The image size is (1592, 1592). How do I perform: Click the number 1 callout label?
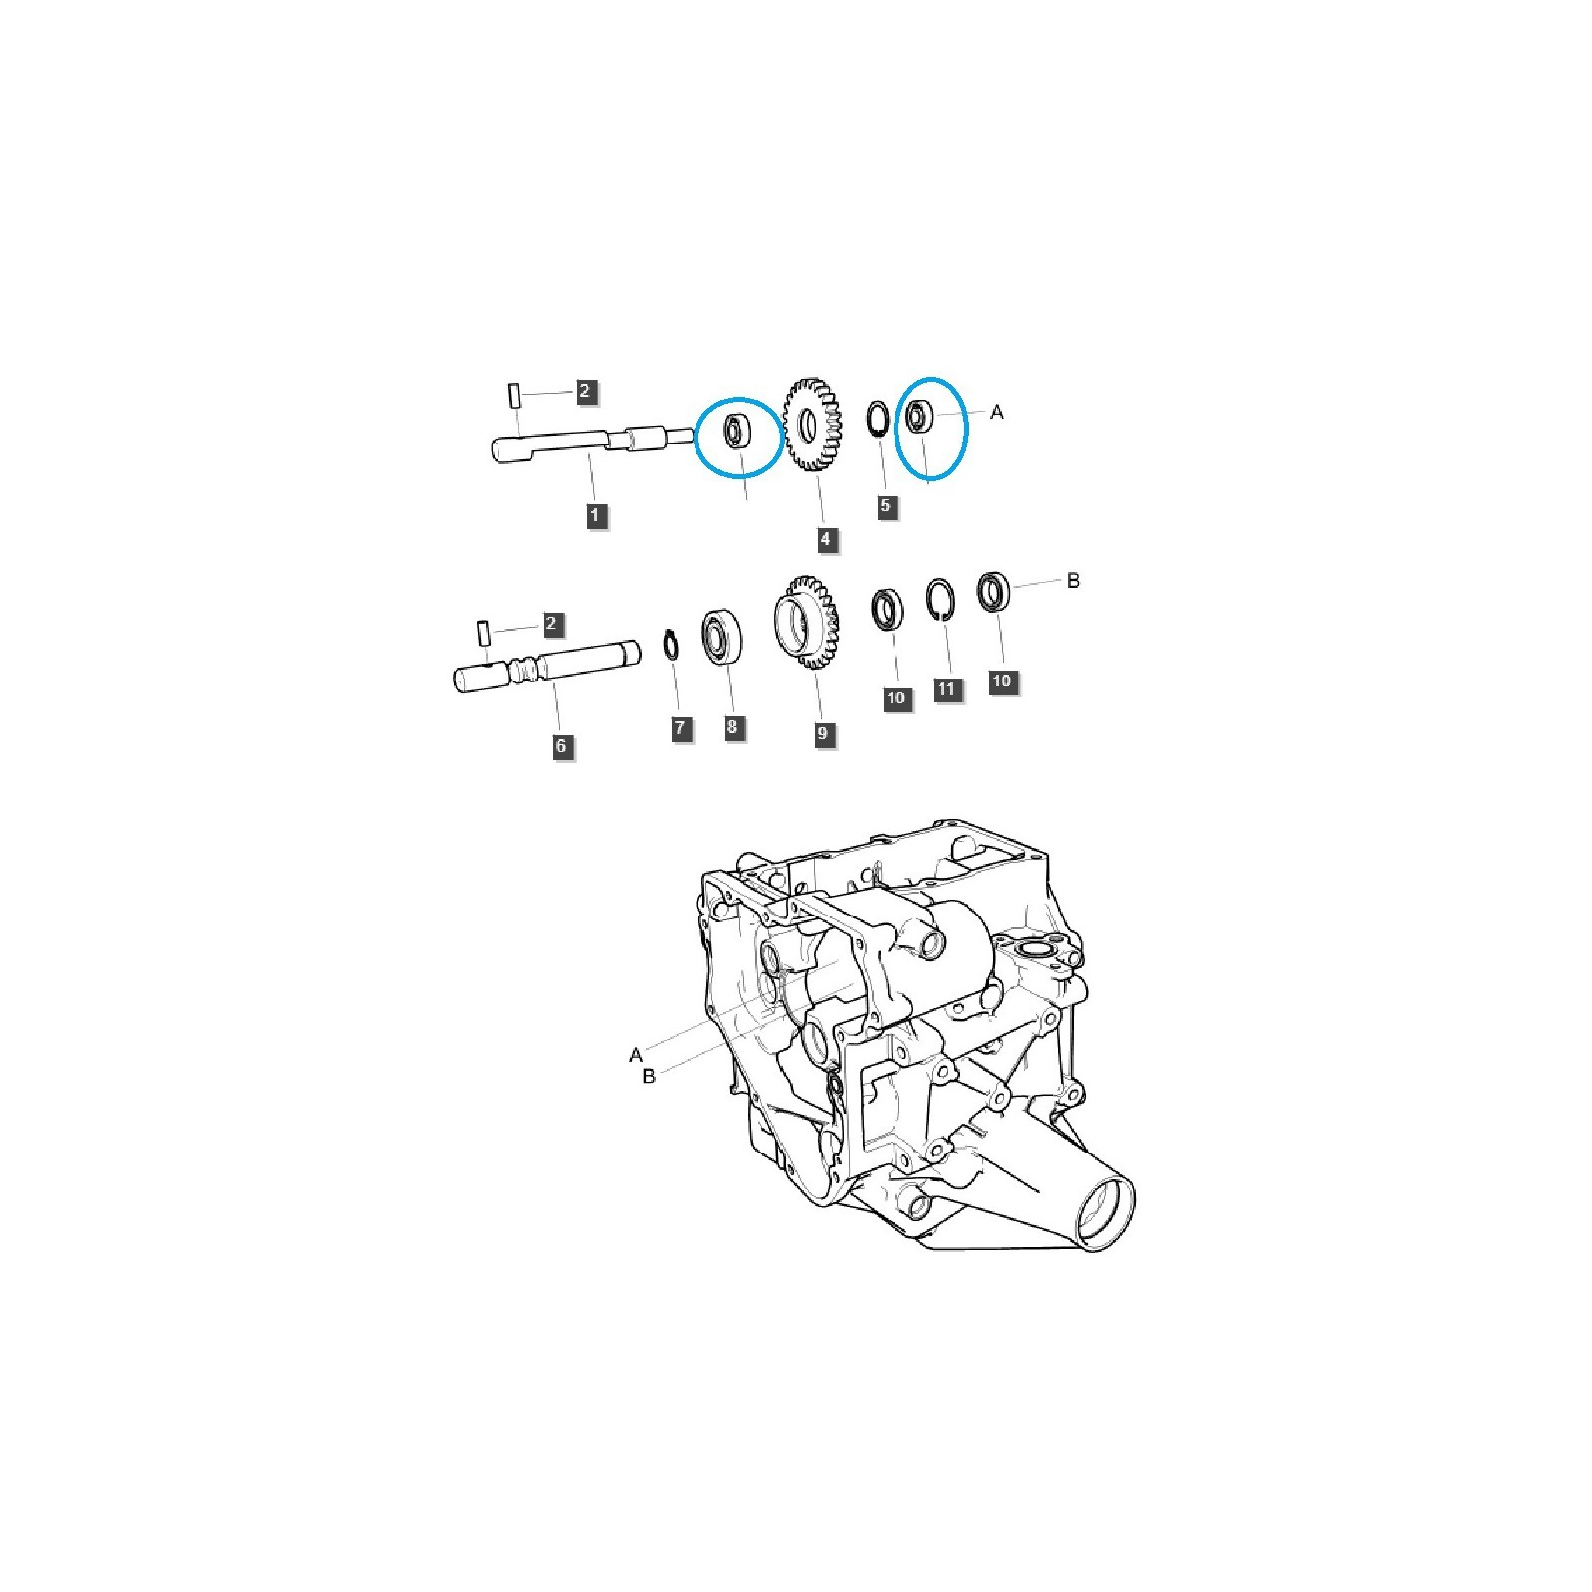(x=595, y=515)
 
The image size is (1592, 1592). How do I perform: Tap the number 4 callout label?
(x=825, y=540)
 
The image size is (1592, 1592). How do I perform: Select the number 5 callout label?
(x=885, y=506)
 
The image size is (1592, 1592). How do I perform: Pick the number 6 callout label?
(x=561, y=746)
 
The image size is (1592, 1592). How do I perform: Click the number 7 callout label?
(x=680, y=728)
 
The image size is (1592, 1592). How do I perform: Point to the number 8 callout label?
(x=732, y=727)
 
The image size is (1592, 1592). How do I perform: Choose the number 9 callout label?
(x=822, y=734)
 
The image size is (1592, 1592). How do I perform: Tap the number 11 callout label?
(x=946, y=689)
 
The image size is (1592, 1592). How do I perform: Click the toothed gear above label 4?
(x=813, y=424)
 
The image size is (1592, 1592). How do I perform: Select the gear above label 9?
(x=807, y=624)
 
